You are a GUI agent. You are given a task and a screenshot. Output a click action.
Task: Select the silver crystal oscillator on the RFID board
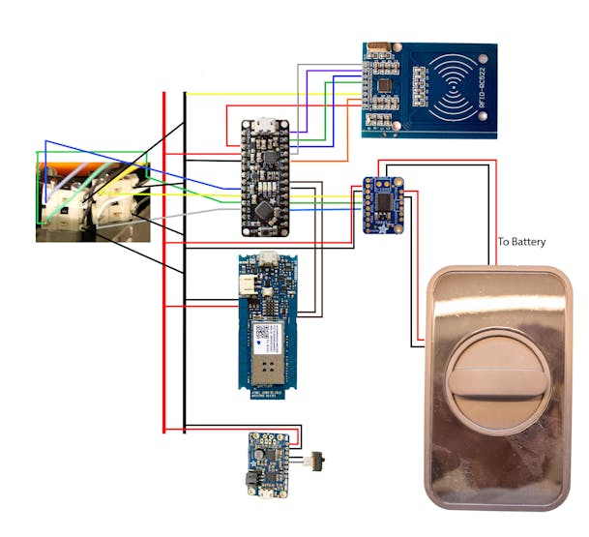tap(377, 47)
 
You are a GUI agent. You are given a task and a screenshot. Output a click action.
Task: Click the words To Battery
tap(521, 241)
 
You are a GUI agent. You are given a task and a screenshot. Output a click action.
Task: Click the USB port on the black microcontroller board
tap(263, 125)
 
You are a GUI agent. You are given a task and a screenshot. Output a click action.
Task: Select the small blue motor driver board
tap(384, 203)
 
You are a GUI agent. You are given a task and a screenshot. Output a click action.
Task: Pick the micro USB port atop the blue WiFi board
tap(271, 261)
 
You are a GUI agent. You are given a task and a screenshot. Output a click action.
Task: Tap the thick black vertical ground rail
tap(184, 290)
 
